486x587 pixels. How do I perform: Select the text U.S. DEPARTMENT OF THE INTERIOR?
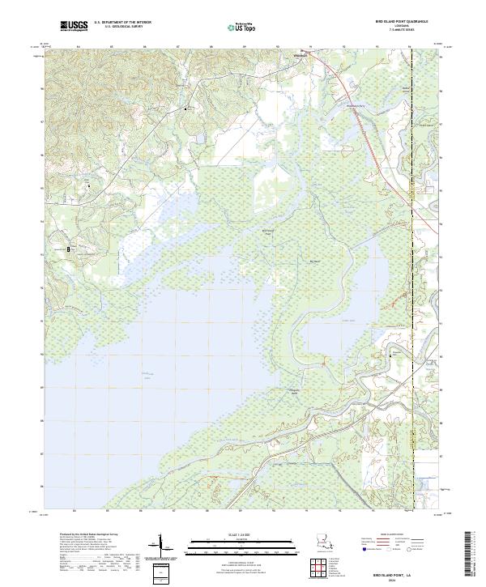coord(122,23)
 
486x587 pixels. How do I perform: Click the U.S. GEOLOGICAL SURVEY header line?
coord(120,27)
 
